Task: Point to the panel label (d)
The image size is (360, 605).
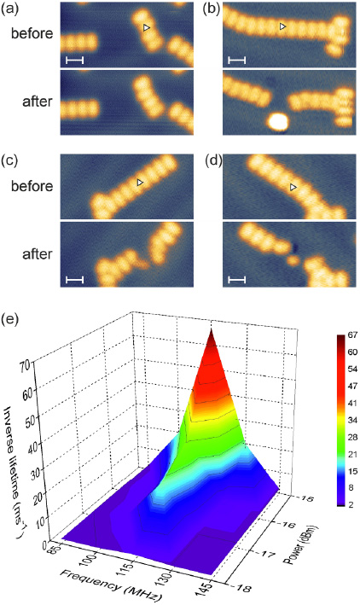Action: pos(206,159)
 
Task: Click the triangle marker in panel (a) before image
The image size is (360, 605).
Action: pos(147,28)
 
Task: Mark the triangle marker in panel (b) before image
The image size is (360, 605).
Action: pos(283,27)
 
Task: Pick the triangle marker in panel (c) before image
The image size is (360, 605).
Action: pos(141,183)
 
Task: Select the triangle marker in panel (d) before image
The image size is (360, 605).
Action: pos(293,185)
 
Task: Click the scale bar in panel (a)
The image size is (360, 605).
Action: pos(75,60)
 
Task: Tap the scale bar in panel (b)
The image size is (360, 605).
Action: pos(237,60)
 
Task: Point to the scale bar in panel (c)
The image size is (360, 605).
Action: pos(75,278)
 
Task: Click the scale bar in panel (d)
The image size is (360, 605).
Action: pos(237,278)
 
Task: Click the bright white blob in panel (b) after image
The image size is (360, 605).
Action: pos(276,121)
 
